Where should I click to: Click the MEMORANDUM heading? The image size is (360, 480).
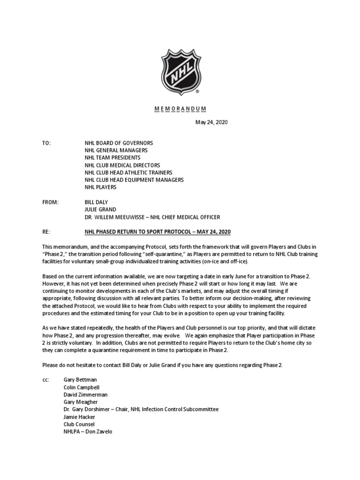click(x=180, y=109)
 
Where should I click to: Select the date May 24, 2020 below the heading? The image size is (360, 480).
click(x=211, y=122)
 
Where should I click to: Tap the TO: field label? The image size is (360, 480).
click(x=47, y=142)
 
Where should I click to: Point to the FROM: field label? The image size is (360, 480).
click(x=51, y=202)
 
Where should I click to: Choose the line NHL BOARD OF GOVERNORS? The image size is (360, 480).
click(x=119, y=142)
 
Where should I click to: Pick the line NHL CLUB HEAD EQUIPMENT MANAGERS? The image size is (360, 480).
click(x=134, y=180)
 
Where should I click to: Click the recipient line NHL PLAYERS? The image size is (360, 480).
click(x=100, y=187)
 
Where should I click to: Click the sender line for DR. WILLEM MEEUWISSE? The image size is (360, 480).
click(x=152, y=217)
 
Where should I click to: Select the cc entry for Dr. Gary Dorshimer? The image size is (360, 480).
click(x=141, y=409)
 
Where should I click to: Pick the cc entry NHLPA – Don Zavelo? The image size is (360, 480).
click(x=88, y=432)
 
